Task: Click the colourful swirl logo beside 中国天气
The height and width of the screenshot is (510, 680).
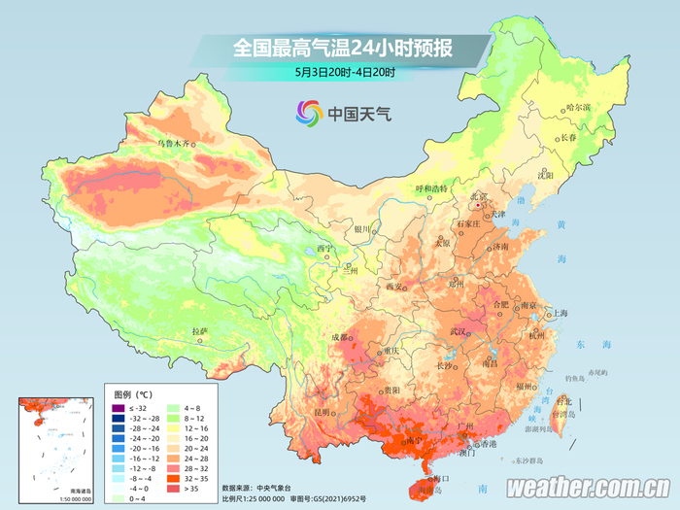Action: click(x=309, y=115)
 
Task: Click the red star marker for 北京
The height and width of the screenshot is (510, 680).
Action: click(x=478, y=205)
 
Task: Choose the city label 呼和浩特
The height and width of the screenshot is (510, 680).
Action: click(x=434, y=187)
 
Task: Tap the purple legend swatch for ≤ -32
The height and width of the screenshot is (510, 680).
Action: click(x=119, y=409)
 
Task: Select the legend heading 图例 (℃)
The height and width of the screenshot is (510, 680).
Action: click(x=133, y=394)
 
